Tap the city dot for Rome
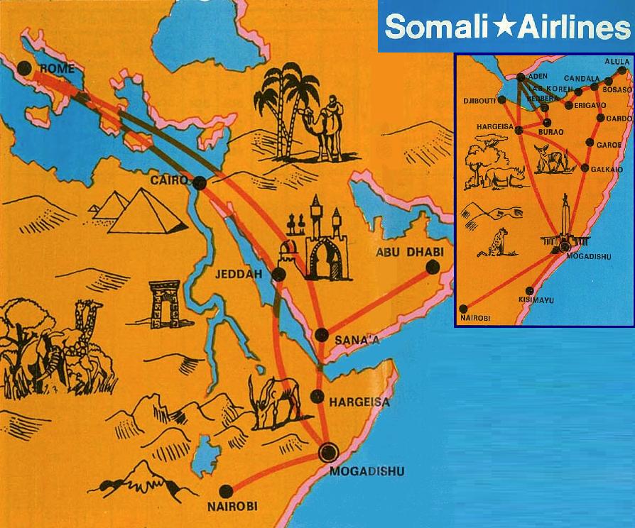pos(26,69)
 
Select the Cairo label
pos(168,181)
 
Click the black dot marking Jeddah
pos(278,274)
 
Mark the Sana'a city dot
pos(322,335)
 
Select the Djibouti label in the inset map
pos(479,101)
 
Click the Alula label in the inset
pos(617,62)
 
